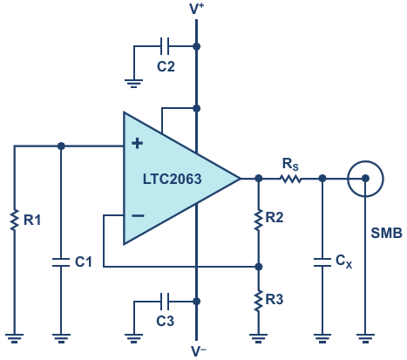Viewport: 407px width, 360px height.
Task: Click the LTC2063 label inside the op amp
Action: pos(172,179)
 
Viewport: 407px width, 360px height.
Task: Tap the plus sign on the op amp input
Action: pos(137,144)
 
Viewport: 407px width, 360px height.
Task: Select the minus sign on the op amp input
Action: pos(138,215)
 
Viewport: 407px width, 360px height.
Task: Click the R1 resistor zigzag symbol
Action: pos(14,220)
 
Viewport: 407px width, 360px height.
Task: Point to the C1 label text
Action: pos(84,262)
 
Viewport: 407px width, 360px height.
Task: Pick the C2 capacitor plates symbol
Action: pos(165,46)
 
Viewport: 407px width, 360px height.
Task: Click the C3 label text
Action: pos(166,321)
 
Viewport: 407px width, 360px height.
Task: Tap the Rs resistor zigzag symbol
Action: pos(291,179)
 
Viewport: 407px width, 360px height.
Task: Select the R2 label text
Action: pos(275,217)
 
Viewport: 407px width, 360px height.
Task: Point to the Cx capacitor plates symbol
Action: pos(322,262)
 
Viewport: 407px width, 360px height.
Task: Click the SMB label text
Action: pos(386,233)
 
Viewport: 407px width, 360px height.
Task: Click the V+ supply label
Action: pos(197,9)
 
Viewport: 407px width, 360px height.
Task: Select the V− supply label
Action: pos(199,351)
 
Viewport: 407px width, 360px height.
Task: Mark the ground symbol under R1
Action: pos(14,339)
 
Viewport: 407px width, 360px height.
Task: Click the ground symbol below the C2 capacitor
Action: pos(133,84)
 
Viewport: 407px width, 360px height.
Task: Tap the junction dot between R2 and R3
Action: pos(258,267)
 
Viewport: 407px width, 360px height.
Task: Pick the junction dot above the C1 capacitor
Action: pos(61,146)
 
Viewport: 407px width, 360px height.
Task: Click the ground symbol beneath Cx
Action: pos(322,339)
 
